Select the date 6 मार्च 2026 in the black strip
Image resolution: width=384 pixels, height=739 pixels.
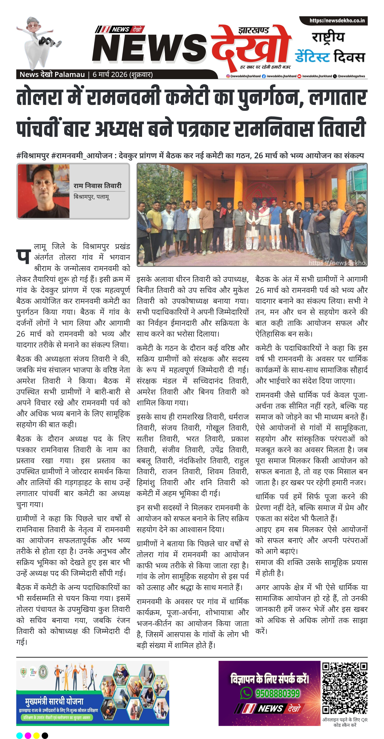point(110,75)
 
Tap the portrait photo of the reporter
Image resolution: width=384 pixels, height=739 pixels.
point(44,191)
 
